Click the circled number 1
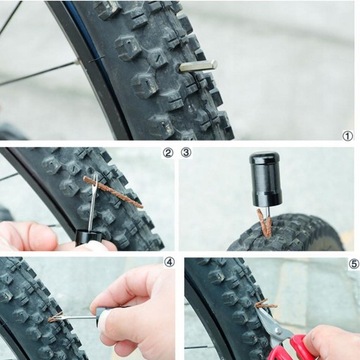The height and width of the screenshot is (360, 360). pyautogui.click(x=347, y=136)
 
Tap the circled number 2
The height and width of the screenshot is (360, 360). pyautogui.click(x=168, y=153)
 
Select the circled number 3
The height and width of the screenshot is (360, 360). pyautogui.click(x=186, y=153)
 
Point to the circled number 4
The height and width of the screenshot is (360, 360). pyautogui.click(x=169, y=262)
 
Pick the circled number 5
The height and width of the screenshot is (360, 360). pyautogui.click(x=354, y=264)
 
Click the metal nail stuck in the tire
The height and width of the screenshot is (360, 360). pyautogui.click(x=198, y=66)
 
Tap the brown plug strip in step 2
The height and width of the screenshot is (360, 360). pyautogui.click(x=113, y=192)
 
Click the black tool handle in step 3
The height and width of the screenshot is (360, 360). pyautogui.click(x=265, y=179)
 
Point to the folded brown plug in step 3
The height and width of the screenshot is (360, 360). pyautogui.click(x=265, y=223)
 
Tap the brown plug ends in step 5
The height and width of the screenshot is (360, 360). pyautogui.click(x=265, y=304)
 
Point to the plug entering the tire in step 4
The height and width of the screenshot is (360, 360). pyautogui.click(x=55, y=317)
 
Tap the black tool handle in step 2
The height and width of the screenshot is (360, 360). pyautogui.click(x=88, y=237)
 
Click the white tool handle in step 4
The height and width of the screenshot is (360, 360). pyautogui.click(x=103, y=321)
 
